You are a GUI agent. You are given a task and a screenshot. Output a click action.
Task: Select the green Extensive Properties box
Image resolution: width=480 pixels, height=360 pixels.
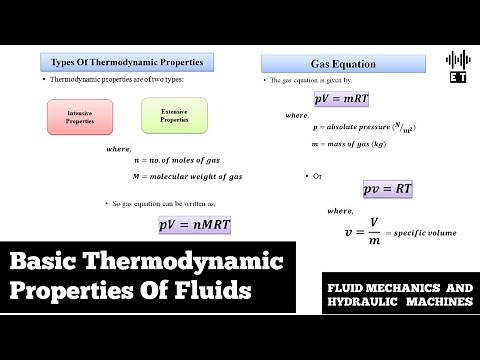click(x=174, y=116)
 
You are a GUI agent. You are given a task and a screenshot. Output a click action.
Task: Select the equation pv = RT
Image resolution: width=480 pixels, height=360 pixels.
click(x=388, y=189)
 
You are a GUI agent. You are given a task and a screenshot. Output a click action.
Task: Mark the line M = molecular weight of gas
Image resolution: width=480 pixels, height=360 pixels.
click(x=188, y=176)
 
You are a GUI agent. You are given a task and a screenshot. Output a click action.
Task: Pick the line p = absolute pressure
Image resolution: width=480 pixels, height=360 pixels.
click(x=363, y=128)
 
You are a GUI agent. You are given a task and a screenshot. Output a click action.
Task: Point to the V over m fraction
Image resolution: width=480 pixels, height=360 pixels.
click(x=373, y=232)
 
